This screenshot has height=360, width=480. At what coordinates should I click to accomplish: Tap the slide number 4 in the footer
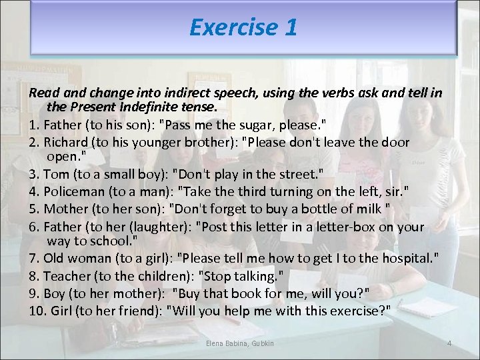(x=449, y=343)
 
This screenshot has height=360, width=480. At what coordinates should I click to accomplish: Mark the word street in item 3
(x=296, y=175)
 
